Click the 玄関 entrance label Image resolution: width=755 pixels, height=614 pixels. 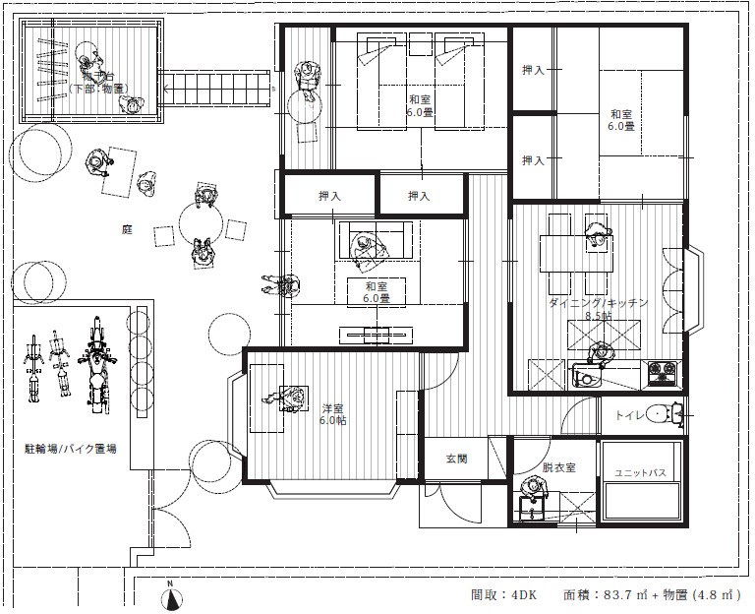coord(457,459)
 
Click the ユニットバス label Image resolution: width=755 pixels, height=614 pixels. coord(641,474)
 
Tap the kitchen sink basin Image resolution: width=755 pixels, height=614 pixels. coord(587,378)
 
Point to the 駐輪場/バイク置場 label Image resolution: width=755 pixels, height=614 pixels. coord(71,449)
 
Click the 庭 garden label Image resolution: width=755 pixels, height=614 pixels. coord(126,228)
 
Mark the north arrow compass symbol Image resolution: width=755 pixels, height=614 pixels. coord(170,594)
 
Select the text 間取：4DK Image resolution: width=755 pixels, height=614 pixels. coord(503,595)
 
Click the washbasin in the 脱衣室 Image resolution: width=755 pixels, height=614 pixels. coord(534,510)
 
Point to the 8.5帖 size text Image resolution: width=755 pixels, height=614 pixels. coord(598,317)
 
